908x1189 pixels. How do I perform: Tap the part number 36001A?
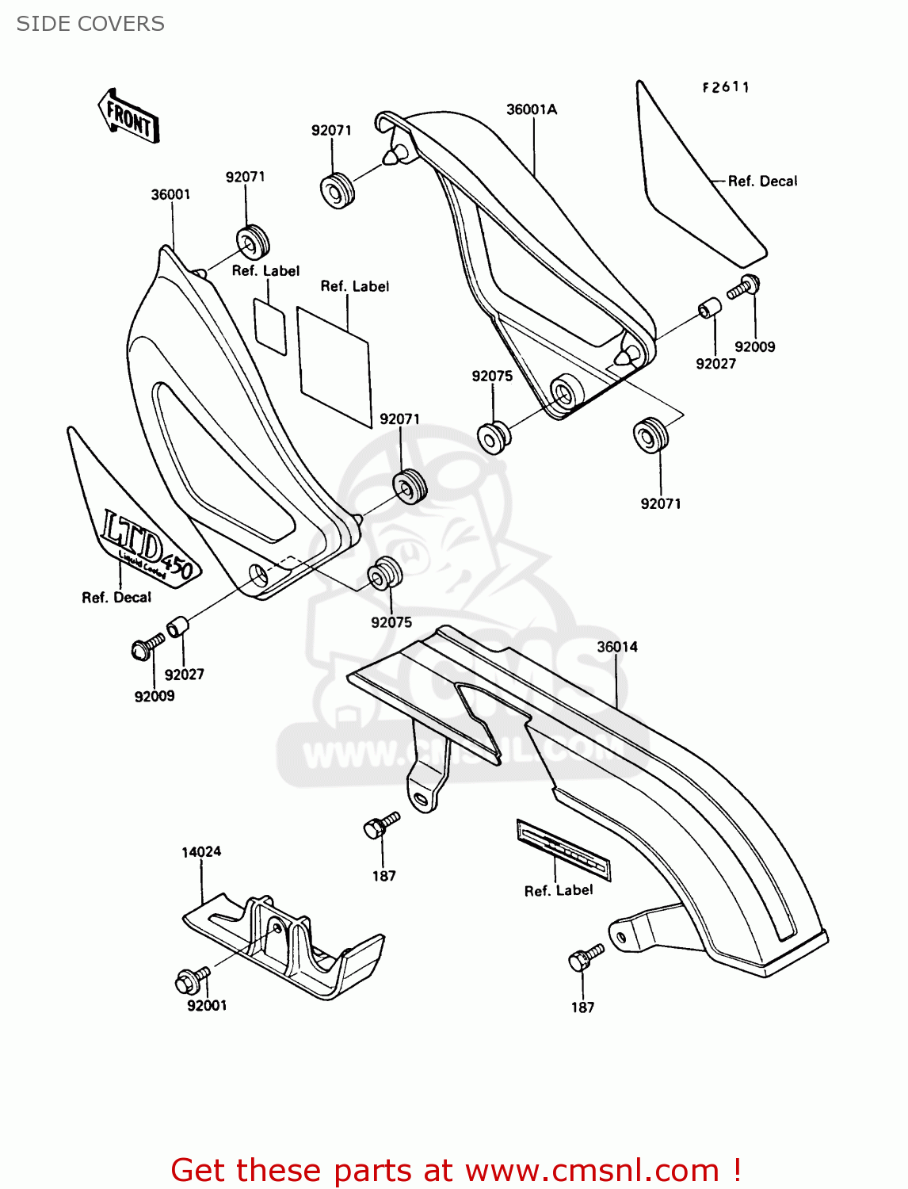click(x=532, y=109)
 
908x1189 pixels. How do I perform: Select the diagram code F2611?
click(x=725, y=87)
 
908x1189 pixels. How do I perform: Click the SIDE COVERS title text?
click(x=90, y=24)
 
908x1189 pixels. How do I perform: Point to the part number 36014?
click(x=617, y=647)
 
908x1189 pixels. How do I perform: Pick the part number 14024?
click(x=201, y=852)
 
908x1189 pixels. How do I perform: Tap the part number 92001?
click(x=207, y=1005)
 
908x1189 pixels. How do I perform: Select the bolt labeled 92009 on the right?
click(x=745, y=286)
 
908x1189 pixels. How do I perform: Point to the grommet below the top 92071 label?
click(x=337, y=190)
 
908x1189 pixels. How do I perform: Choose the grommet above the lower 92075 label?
click(x=385, y=574)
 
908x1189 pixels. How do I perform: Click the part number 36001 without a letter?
click(x=170, y=194)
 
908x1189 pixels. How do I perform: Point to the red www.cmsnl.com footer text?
click(x=456, y=1170)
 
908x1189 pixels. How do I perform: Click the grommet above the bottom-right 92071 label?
click(x=650, y=435)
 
